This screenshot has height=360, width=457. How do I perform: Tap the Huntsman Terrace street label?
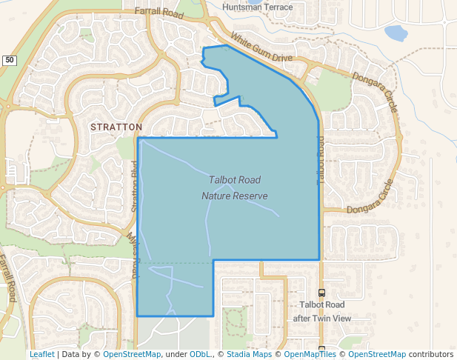click(x=258, y=7)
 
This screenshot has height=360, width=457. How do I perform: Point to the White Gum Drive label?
click(x=261, y=47)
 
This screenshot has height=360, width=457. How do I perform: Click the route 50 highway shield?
click(x=8, y=60)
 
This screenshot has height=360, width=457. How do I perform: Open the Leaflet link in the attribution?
click(x=41, y=355)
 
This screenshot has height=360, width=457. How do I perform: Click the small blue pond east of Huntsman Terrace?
click(x=396, y=33)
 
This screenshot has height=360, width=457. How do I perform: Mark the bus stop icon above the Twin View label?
click(x=321, y=293)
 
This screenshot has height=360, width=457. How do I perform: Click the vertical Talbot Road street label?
click(x=321, y=160)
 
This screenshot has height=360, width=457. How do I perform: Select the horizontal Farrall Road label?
click(x=158, y=11)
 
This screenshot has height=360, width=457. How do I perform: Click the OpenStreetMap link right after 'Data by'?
click(x=132, y=355)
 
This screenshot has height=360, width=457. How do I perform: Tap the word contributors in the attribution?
click(x=431, y=355)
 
